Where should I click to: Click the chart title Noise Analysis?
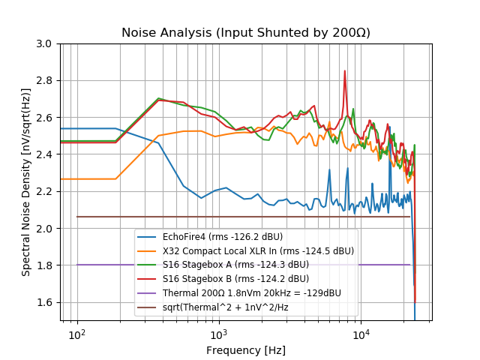pos(246,33)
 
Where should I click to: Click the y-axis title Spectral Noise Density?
pos(26,182)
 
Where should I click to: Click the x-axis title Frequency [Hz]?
pos(246,350)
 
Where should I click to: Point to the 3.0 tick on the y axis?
pos(46,43)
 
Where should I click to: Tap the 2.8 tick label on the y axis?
pos(46,80)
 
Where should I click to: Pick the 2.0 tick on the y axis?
pos(46,228)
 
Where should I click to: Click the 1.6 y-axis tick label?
pos(46,302)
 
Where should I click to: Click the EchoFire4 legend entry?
pos(225,237)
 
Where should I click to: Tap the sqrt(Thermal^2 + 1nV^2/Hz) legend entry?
pos(225,307)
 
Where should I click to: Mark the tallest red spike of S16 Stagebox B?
pos(345,71)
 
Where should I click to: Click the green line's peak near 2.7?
pos(159,98)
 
